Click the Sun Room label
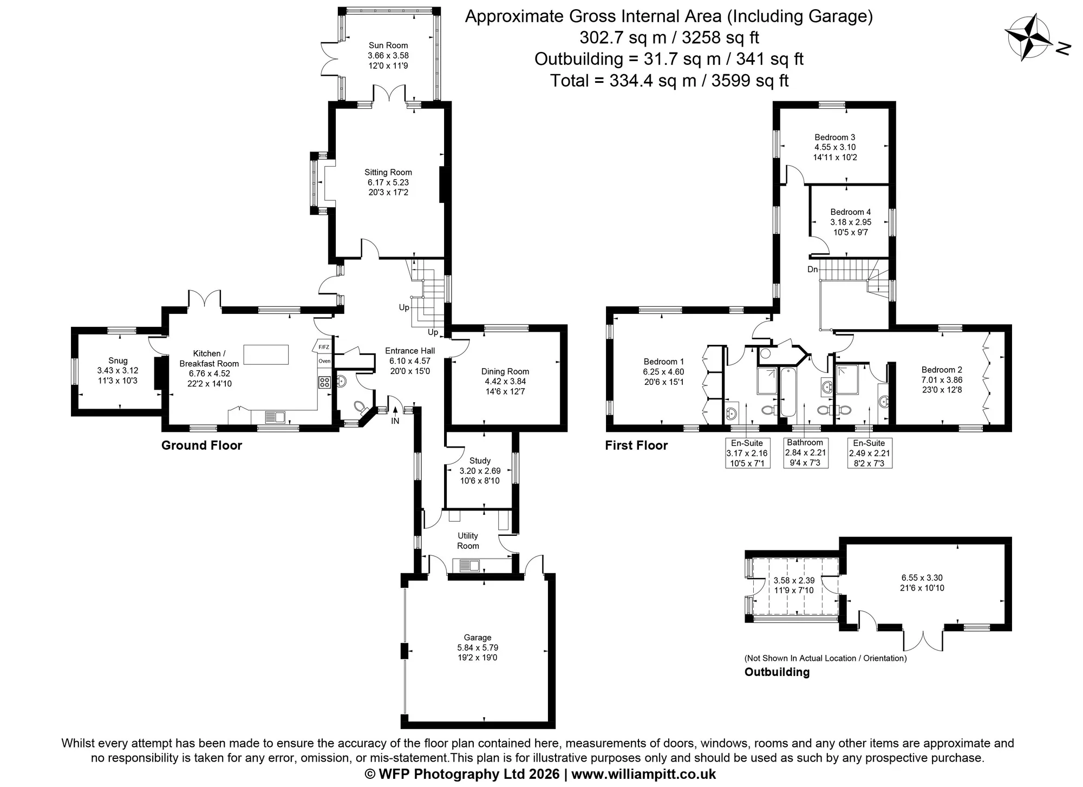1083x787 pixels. click(x=388, y=45)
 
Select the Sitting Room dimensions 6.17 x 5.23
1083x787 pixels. click(x=388, y=182)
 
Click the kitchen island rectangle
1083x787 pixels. click(x=266, y=355)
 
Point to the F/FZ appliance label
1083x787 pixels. click(x=324, y=347)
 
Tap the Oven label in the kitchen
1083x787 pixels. click(x=324, y=361)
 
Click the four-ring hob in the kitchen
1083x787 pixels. click(x=324, y=382)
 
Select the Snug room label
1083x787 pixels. click(x=118, y=360)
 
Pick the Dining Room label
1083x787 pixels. click(x=505, y=371)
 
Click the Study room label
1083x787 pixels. click(x=480, y=461)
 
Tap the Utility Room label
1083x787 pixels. click(x=468, y=541)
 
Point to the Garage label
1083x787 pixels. click(x=478, y=638)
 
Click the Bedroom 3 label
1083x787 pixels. click(x=835, y=137)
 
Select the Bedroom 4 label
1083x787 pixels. click(x=851, y=212)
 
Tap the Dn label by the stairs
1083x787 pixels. click(x=813, y=269)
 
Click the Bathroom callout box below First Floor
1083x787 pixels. click(x=806, y=452)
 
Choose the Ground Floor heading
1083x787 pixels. click(x=201, y=445)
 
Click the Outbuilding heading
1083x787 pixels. click(x=777, y=672)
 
